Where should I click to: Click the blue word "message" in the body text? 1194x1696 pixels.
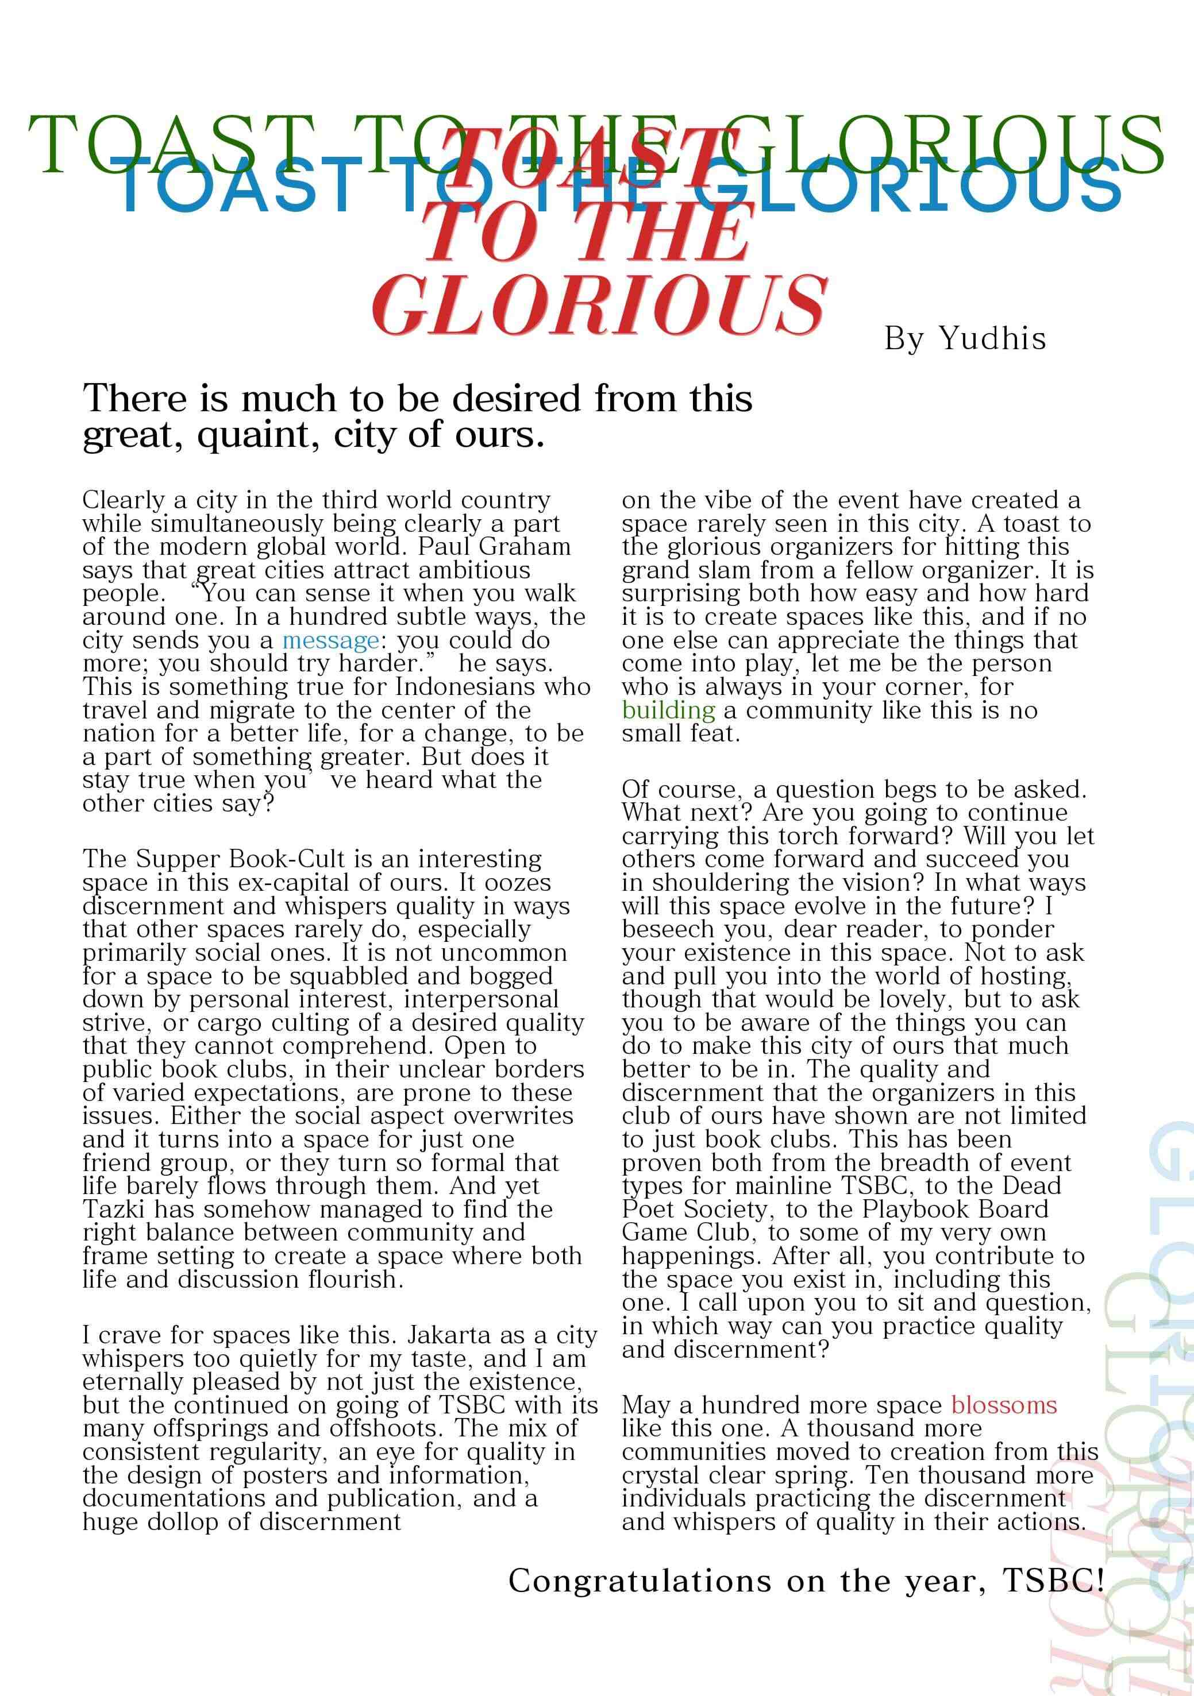tap(330, 640)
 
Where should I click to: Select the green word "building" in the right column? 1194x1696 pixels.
tap(668, 710)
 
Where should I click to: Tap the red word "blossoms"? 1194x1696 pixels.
tap(1003, 1404)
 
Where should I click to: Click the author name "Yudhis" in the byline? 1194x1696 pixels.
tap(992, 338)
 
